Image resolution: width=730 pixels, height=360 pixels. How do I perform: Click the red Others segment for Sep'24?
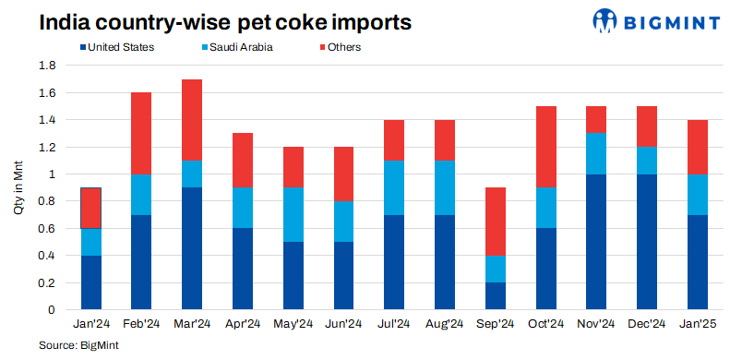pos(497,222)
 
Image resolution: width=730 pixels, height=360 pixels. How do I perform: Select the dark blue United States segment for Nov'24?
pos(596,242)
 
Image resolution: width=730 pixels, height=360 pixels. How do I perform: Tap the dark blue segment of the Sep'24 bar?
pos(497,296)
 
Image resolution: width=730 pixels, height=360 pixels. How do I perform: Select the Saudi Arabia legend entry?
pos(236,47)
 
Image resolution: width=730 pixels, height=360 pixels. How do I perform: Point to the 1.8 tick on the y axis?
pos(52,66)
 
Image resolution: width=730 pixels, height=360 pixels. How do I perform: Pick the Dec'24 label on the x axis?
pos(646,324)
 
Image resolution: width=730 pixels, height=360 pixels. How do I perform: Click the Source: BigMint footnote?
pos(79,345)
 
